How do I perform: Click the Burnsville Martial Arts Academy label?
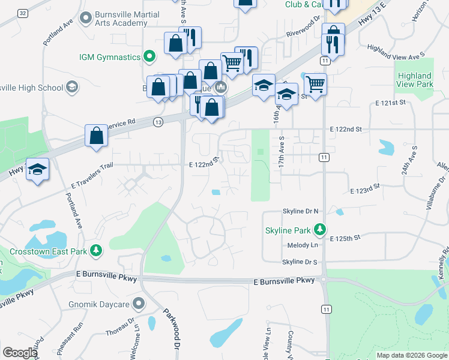(119, 19)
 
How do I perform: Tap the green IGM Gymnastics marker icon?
(150, 58)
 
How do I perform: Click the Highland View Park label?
(414, 80)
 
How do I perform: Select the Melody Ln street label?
(302, 245)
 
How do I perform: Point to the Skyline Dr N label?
(300, 211)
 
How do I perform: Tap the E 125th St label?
(345, 238)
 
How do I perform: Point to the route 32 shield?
(23, 13)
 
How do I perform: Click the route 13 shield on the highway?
(158, 122)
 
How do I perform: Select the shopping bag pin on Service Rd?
(96, 136)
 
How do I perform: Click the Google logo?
(20, 353)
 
